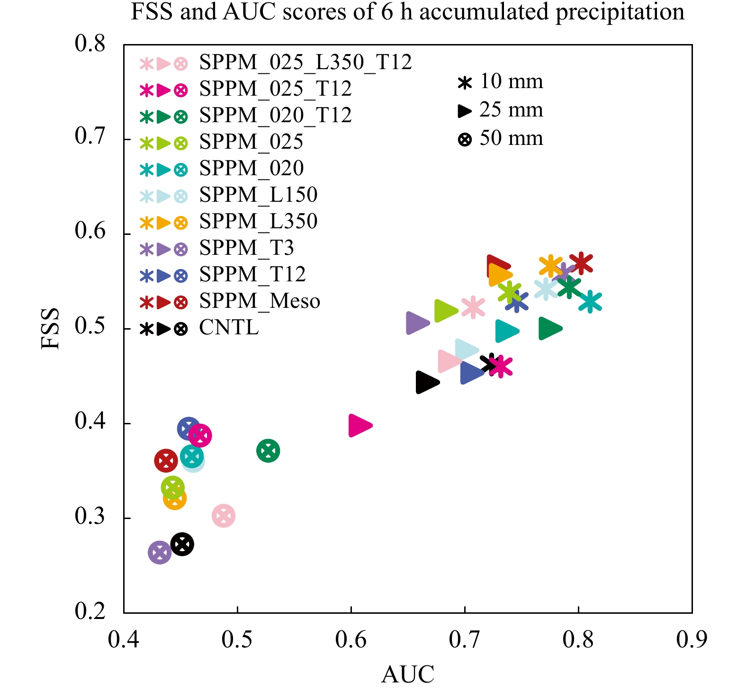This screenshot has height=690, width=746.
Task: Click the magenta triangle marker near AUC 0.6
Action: [360, 425]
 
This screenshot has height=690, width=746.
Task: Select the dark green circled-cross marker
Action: [268, 450]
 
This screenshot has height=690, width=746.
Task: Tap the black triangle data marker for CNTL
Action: [427, 382]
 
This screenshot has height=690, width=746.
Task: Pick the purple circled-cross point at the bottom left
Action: [160, 552]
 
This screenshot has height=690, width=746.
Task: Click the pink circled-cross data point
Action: [224, 516]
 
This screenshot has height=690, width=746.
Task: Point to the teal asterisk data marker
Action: [590, 302]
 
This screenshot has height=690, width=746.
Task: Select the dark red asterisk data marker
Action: [581, 263]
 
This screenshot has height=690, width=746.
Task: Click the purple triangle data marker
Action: [417, 323]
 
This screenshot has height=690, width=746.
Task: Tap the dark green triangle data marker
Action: [549, 329]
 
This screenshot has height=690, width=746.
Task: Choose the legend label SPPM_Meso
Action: [260, 301]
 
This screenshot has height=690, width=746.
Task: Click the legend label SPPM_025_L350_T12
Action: [306, 63]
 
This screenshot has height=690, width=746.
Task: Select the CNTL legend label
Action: [229, 328]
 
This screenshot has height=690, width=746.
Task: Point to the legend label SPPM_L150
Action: [258, 195]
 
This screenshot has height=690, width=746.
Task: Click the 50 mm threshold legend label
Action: [511, 138]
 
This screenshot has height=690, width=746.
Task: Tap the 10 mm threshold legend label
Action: [511, 81]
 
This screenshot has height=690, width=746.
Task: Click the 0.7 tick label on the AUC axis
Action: [465, 640]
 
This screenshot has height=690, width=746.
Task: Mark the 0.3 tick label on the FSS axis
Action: [90, 517]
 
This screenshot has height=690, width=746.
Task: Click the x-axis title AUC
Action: [407, 674]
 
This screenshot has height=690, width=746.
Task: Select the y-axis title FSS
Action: [50, 329]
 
